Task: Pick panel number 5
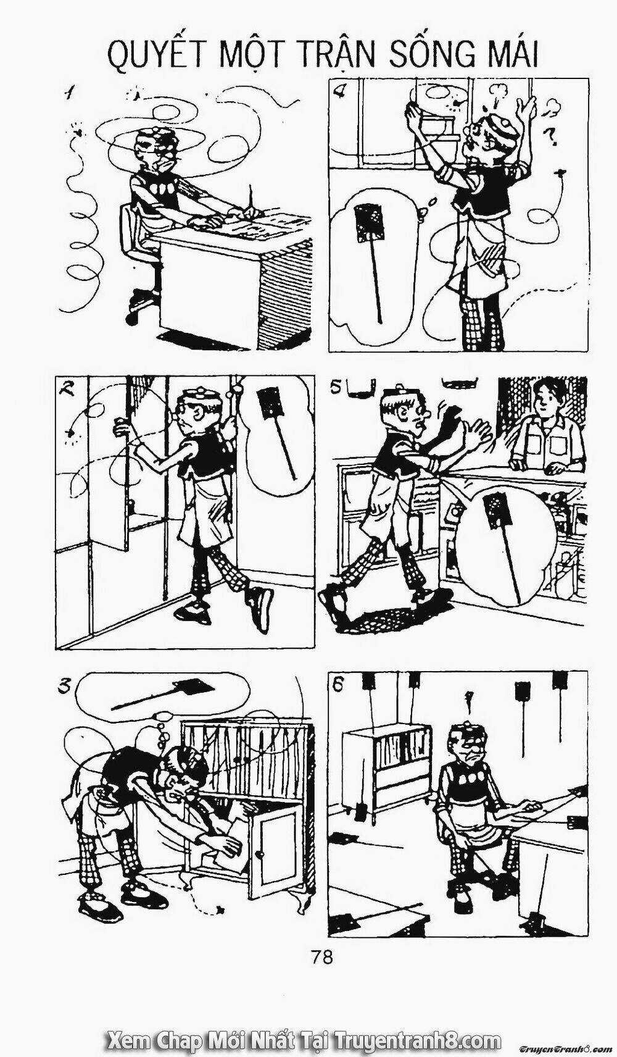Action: pyautogui.click(x=336, y=386)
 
